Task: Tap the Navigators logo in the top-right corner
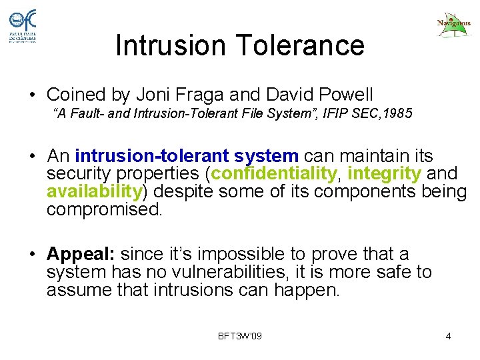point(453,25)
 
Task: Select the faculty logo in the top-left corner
point(23,26)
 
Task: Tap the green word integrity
point(384,174)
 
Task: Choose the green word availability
point(94,192)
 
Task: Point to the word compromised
point(104,209)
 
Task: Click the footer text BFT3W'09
point(240,335)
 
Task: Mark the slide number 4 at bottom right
point(448,335)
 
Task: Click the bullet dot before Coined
point(32,95)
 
